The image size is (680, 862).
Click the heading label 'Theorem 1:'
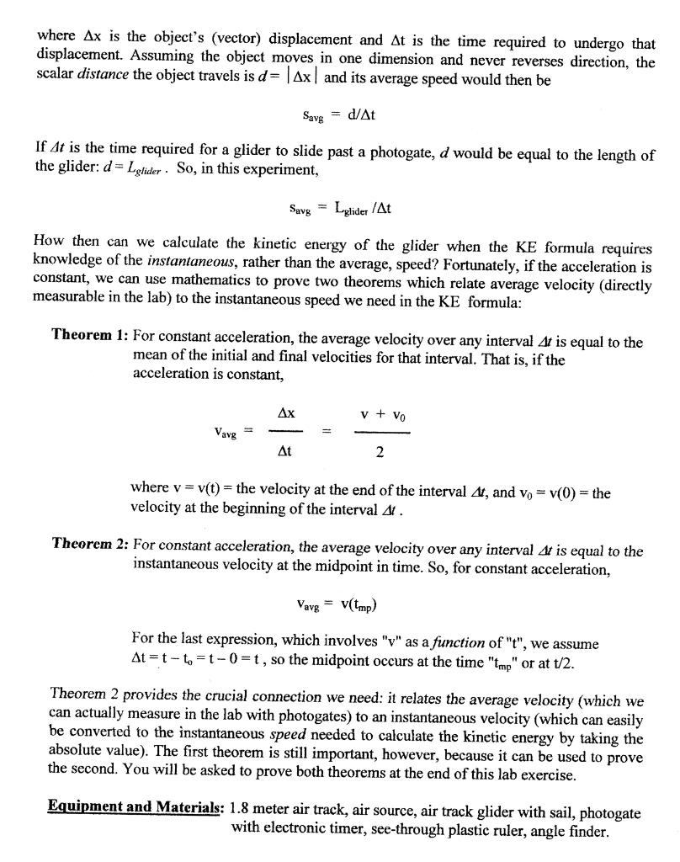tap(88, 335)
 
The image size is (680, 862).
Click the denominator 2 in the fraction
tap(380, 452)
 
